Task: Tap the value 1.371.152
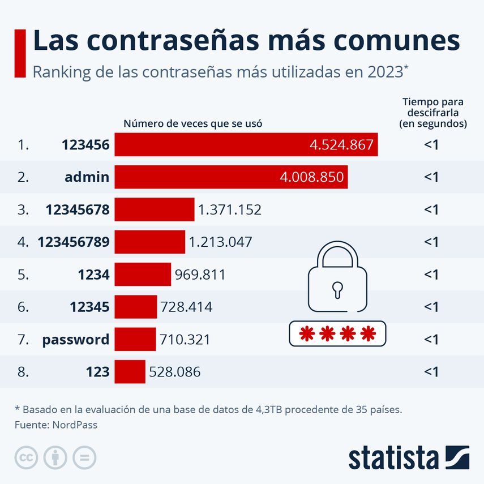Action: click(x=229, y=210)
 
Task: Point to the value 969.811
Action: click(x=200, y=275)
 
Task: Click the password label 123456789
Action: click(x=74, y=242)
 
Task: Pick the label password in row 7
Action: click(x=75, y=340)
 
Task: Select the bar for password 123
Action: click(x=130, y=372)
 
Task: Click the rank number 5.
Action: click(x=22, y=275)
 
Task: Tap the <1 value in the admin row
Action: click(x=431, y=177)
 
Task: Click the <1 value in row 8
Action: click(x=431, y=372)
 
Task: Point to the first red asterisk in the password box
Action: click(x=306, y=333)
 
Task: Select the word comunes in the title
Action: click(x=395, y=41)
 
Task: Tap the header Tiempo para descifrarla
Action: click(x=432, y=112)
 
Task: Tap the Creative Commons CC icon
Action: click(x=26, y=457)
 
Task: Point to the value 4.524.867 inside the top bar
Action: click(x=341, y=145)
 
